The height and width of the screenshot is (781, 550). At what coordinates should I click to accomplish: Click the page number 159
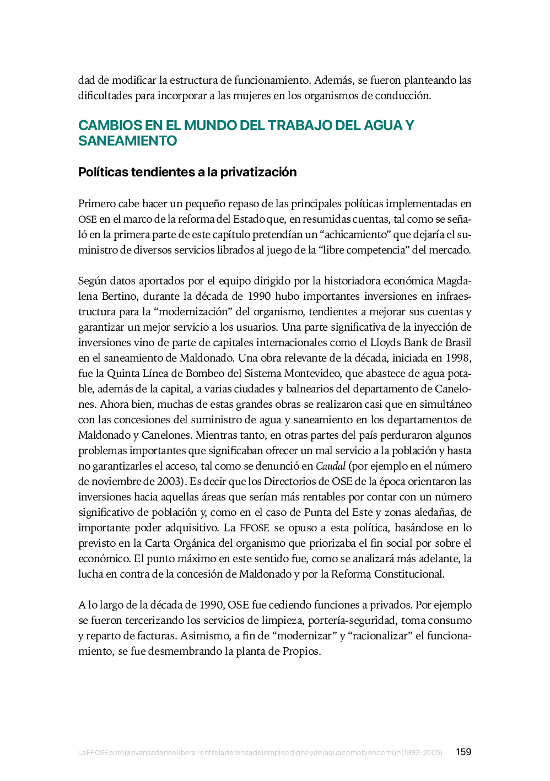[x=463, y=752]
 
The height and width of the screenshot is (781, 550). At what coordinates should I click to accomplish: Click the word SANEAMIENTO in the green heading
[x=127, y=141]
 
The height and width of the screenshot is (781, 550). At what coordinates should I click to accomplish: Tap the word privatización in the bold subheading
[x=258, y=172]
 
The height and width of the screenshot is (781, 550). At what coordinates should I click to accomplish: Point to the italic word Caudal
[x=330, y=466]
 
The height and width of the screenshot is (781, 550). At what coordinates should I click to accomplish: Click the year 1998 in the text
[x=457, y=358]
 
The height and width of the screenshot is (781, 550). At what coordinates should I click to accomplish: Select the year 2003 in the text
[x=168, y=482]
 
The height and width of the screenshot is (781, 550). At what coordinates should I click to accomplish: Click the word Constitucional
[x=409, y=574]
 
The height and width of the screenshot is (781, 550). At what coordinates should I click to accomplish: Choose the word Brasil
[x=457, y=343]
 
